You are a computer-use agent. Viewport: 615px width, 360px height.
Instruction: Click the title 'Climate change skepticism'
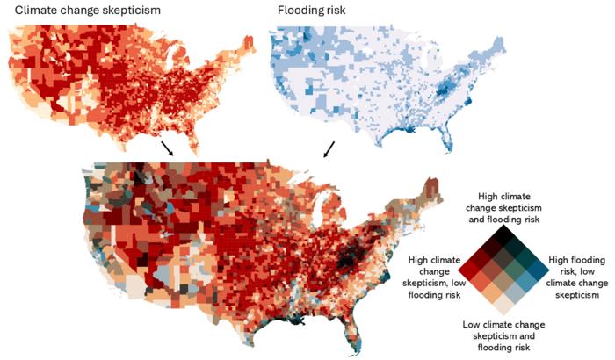pos(86,11)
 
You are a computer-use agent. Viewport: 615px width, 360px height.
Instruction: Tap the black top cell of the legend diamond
pos(503,235)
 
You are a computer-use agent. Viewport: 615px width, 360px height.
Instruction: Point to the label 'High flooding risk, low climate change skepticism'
pos(576,273)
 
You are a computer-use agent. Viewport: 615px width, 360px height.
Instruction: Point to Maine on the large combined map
pos(430,190)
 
